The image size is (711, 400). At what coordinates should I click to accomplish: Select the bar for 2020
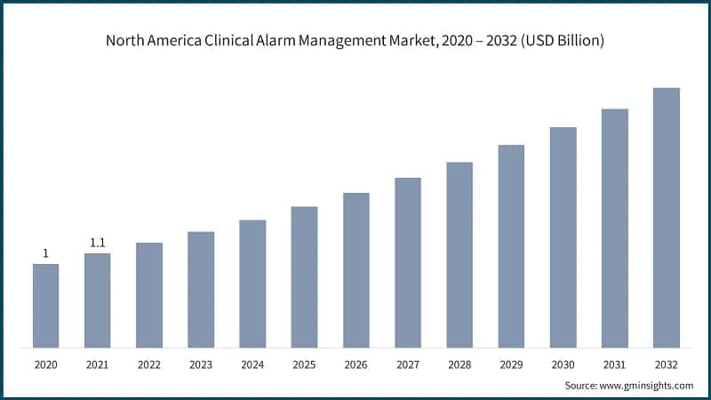pyautogui.click(x=46, y=305)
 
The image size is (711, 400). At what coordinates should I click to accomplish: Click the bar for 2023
pyautogui.click(x=201, y=289)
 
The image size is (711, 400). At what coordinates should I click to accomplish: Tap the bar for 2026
pyautogui.click(x=356, y=269)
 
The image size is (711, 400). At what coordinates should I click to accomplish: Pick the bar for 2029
pyautogui.click(x=511, y=245)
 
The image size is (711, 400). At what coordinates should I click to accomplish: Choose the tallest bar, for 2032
pyautogui.click(x=666, y=217)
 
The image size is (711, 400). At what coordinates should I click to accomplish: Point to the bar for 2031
pyautogui.click(x=614, y=228)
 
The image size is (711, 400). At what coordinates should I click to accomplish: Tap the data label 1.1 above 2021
pyautogui.click(x=98, y=243)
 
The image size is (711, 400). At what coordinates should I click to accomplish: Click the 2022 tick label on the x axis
pyautogui.click(x=149, y=364)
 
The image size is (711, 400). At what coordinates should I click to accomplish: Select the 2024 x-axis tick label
pyautogui.click(x=252, y=364)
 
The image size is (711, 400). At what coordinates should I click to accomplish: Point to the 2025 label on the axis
pyautogui.click(x=304, y=364)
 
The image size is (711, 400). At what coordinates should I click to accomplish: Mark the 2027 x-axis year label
pyautogui.click(x=408, y=364)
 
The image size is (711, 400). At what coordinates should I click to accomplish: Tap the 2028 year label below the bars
pyautogui.click(x=459, y=364)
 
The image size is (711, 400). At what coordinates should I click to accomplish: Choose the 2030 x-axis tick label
pyautogui.click(x=563, y=364)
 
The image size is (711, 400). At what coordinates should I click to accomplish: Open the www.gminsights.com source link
pyautogui.click(x=647, y=386)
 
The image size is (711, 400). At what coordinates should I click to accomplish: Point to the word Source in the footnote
pyautogui.click(x=581, y=386)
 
